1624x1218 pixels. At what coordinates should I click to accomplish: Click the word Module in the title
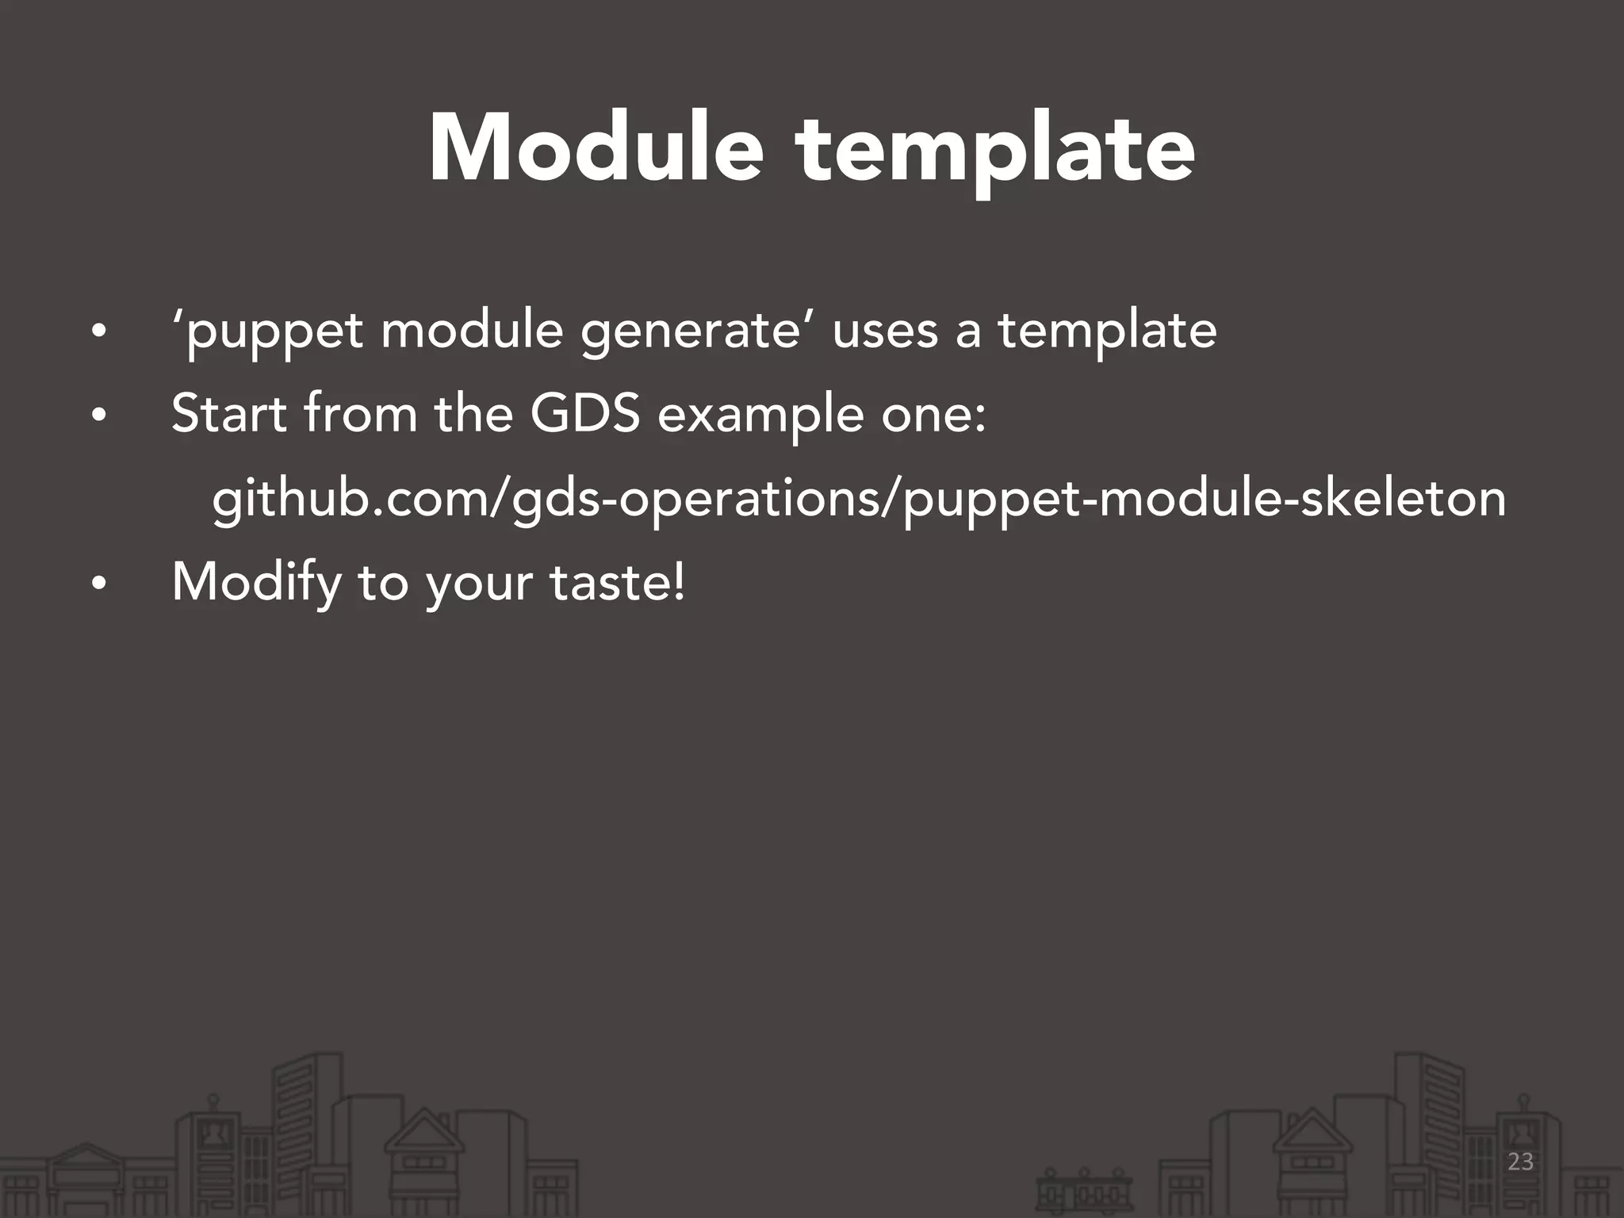click(596, 149)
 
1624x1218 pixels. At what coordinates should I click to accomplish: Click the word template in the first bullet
click(1107, 331)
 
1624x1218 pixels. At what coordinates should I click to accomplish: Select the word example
click(760, 416)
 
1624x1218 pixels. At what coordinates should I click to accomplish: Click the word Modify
click(257, 584)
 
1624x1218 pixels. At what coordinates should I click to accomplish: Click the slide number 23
click(1520, 1162)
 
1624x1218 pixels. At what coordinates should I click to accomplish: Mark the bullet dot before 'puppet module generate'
click(98, 332)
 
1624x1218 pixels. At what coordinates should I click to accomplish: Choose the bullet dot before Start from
click(98, 416)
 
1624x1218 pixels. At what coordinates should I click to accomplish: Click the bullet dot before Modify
click(98, 585)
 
